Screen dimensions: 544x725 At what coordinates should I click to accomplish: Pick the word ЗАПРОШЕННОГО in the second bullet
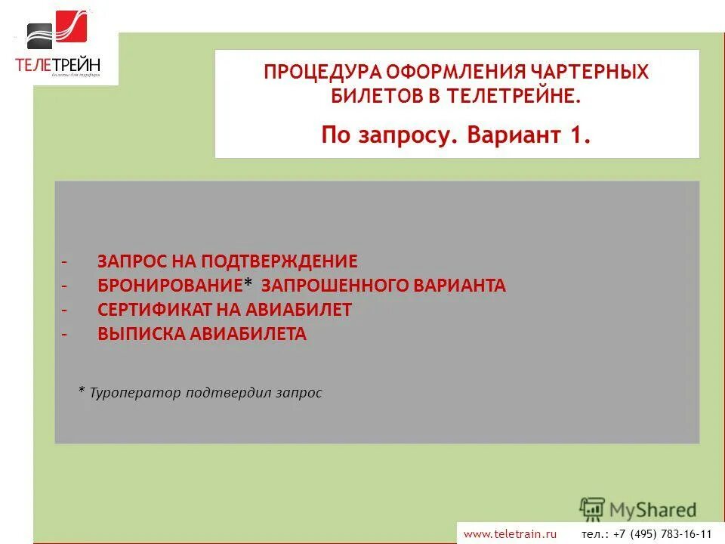click(x=335, y=286)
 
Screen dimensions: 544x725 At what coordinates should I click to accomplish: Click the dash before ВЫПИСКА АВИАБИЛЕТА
click(x=64, y=335)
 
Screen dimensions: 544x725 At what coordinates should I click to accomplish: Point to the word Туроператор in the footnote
click(x=135, y=393)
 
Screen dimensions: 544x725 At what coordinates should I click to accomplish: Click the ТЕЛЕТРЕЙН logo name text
click(x=57, y=65)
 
